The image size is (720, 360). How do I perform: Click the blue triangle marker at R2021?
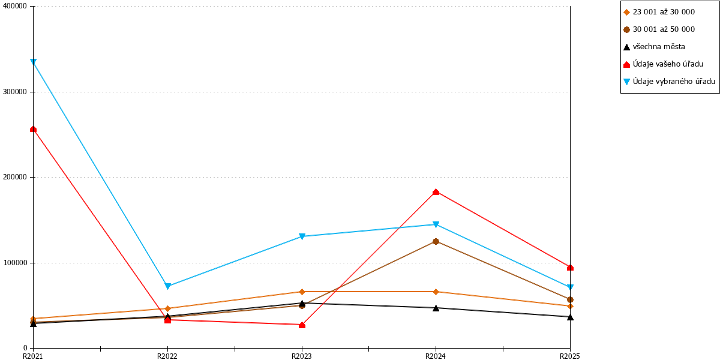point(33,62)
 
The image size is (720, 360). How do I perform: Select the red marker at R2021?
point(33,129)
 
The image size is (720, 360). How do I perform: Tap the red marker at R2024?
point(436,192)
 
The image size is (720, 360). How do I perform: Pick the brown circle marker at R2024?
point(436,241)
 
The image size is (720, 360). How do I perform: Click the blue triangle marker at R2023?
point(302,236)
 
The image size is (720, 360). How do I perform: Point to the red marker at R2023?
point(302,325)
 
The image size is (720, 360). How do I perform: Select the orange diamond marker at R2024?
point(436,292)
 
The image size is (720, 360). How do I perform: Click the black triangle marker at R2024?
point(436,308)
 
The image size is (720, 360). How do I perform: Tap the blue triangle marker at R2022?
point(167,286)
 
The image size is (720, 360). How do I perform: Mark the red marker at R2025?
point(570,268)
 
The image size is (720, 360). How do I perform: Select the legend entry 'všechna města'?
point(654,47)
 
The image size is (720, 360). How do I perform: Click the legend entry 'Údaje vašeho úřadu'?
point(664,64)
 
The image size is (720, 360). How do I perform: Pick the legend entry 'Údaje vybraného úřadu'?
point(669,82)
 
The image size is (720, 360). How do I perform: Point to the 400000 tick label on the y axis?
point(15,6)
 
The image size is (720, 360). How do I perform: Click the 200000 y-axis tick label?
point(15,177)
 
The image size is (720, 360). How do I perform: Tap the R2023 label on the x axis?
point(301,356)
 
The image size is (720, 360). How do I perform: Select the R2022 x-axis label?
point(167,356)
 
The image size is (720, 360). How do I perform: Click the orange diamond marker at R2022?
point(167,308)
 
